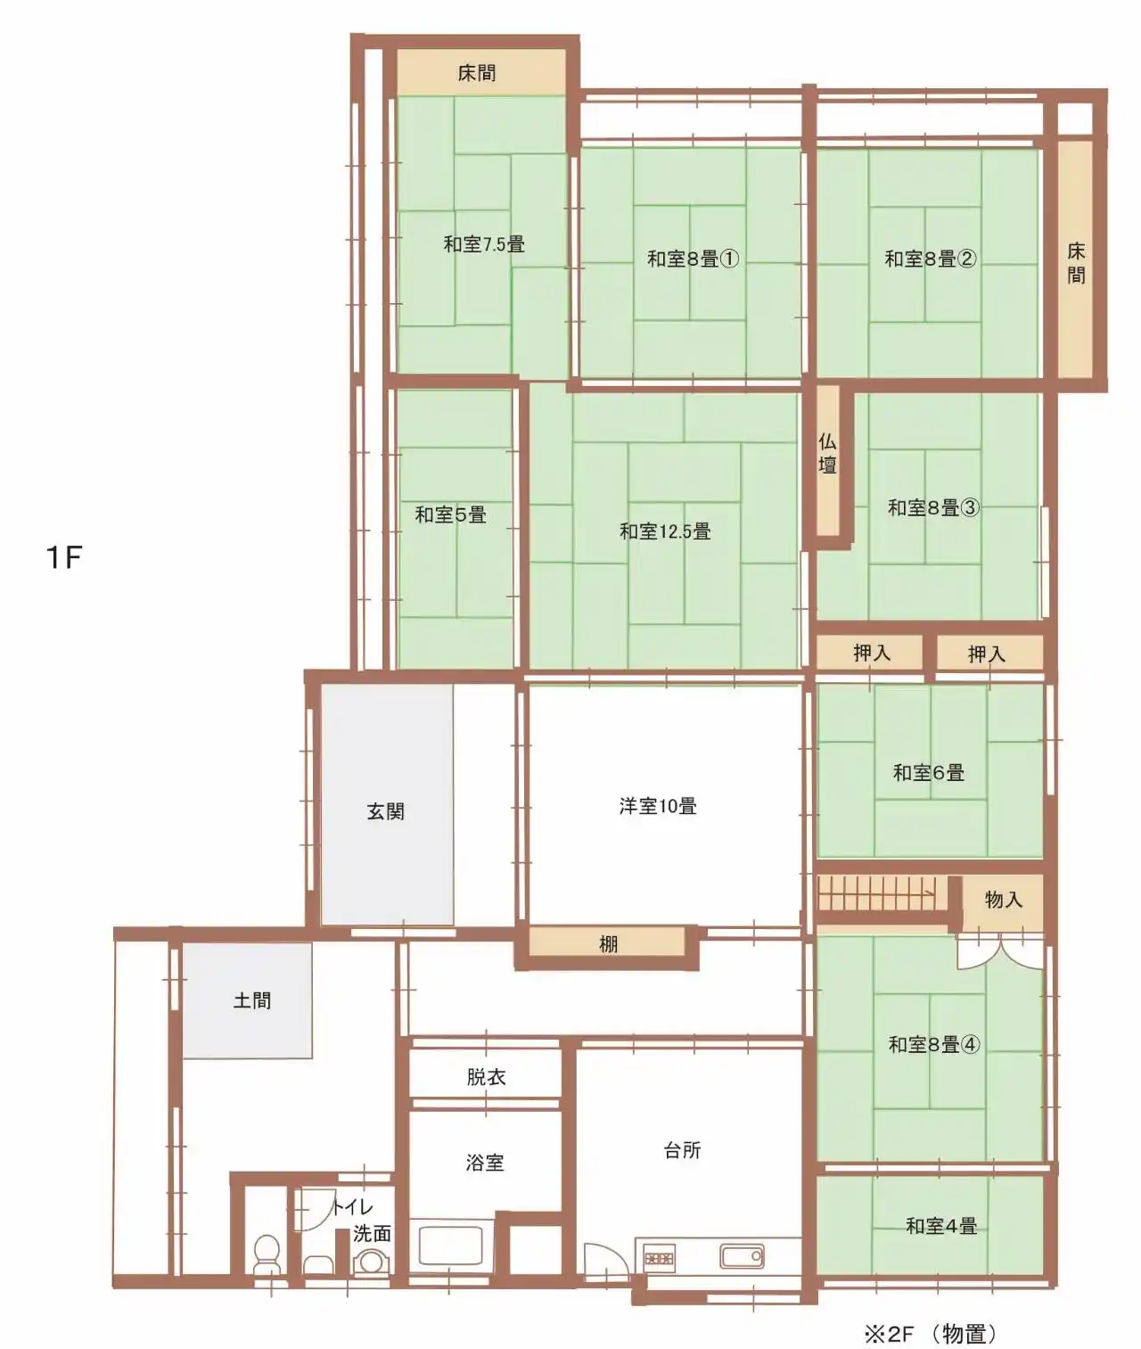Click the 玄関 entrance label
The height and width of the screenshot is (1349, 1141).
(386, 811)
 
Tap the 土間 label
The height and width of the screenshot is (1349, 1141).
(251, 1000)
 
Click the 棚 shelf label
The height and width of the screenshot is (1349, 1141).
(608, 943)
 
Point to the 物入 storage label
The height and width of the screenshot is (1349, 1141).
(1004, 900)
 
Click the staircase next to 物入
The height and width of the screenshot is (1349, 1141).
(882, 893)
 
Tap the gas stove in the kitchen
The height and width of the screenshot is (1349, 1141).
(660, 1256)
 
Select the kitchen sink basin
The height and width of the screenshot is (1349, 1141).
(742, 1255)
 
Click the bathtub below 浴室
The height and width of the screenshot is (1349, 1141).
(451, 1246)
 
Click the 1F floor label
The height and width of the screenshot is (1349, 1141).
(64, 556)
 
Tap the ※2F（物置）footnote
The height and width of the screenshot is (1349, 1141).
(932, 1333)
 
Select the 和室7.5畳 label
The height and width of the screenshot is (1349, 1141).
(484, 244)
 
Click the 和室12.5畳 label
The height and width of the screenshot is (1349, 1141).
(665, 531)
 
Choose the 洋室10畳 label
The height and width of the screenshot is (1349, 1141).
(658, 806)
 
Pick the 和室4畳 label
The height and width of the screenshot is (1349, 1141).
(941, 1226)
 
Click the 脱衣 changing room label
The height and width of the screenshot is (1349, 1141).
(486, 1077)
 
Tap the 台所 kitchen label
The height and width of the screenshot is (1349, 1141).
(683, 1150)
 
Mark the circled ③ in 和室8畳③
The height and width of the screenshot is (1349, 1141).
(970, 507)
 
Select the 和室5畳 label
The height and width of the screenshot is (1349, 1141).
(451, 515)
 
